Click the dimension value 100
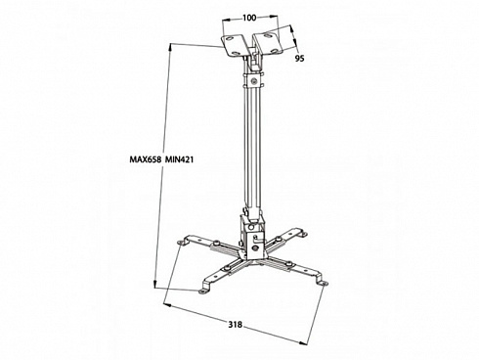click(249, 18)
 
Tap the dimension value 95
click(299, 58)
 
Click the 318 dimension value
click(235, 325)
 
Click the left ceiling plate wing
click(234, 45)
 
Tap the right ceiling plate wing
click(268, 42)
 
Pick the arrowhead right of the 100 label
click(275, 18)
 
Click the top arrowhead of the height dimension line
click(169, 47)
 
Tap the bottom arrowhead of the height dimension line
click(155, 284)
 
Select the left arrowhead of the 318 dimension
click(168, 305)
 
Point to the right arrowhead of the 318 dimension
click(303, 342)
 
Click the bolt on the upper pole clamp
click(253, 78)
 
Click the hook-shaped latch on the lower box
click(257, 238)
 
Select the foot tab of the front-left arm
click(204, 291)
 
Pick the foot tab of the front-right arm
click(322, 283)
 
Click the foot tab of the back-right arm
click(302, 234)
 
